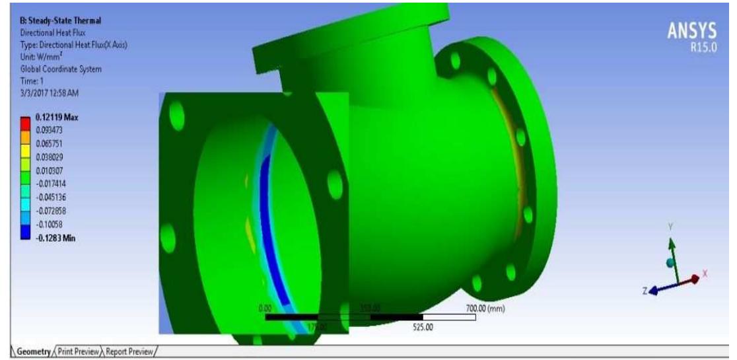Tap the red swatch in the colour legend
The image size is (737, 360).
coord(25,122)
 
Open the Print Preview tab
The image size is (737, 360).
coord(80,351)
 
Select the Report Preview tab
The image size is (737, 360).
coord(129,351)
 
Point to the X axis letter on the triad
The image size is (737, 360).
coord(705,273)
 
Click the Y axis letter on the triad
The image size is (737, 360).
coord(670,225)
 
